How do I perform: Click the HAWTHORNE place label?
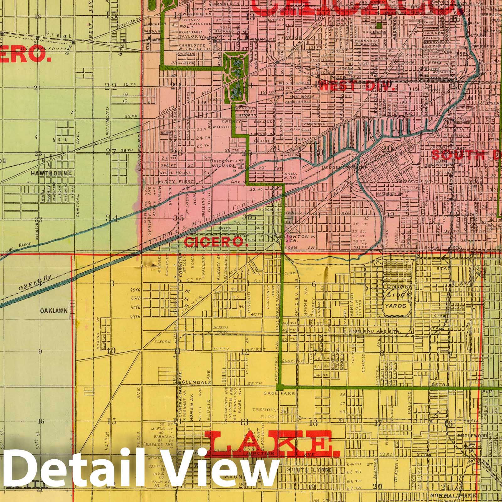pos(51,173)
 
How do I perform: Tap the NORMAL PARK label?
pos(462,495)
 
